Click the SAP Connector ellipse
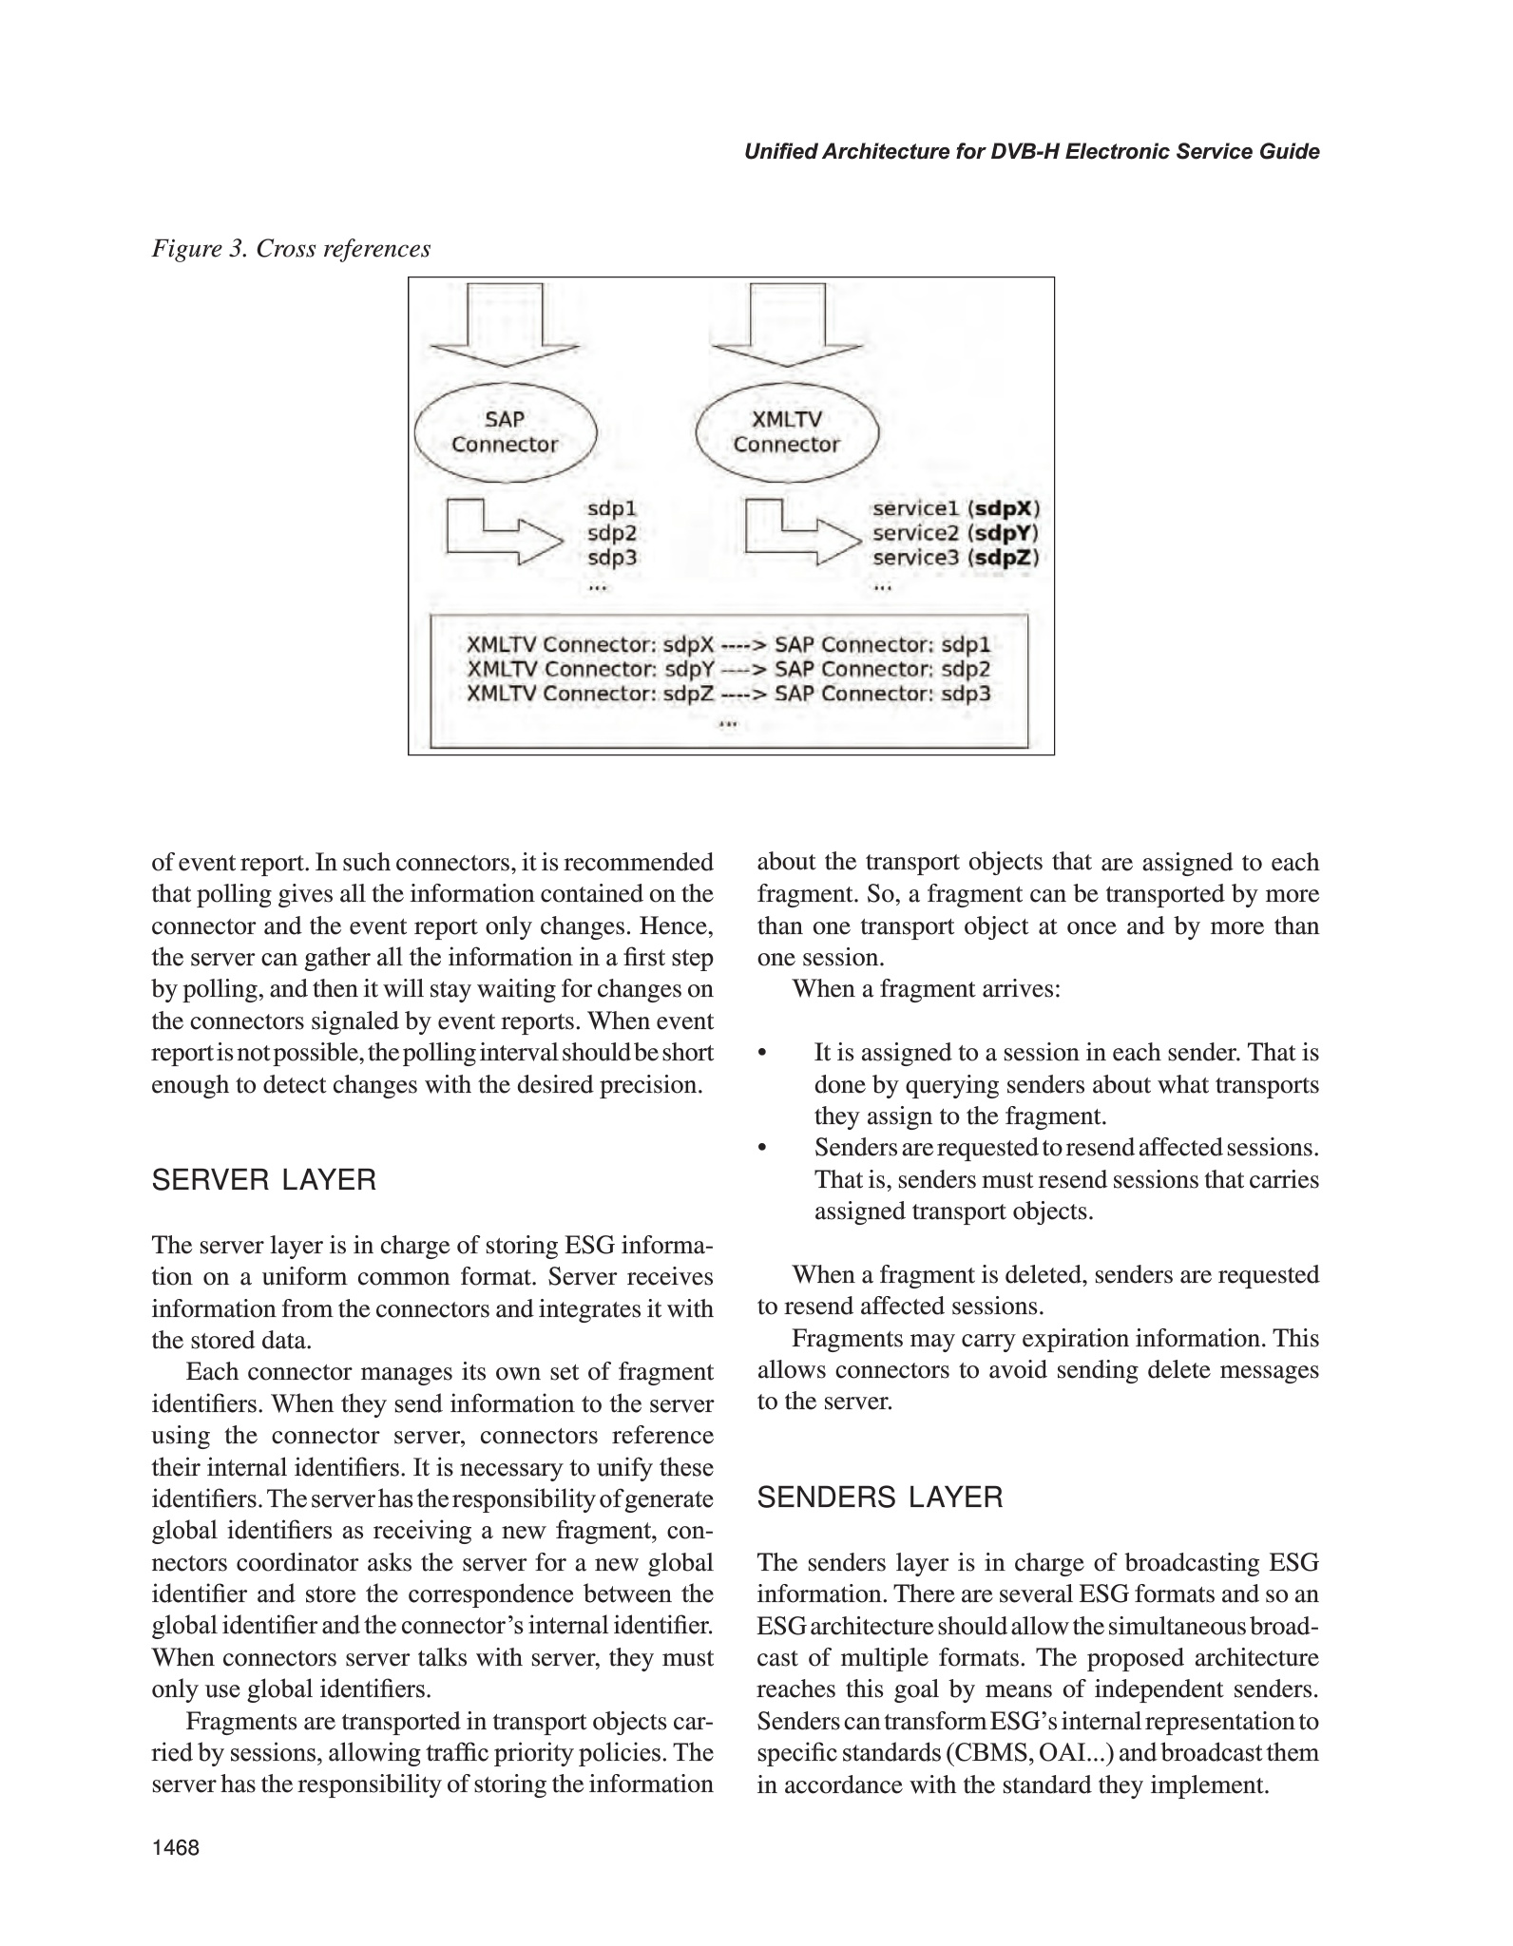pyautogui.click(x=505, y=432)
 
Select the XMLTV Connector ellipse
pyautogui.click(x=786, y=432)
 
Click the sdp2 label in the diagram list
pyautogui.click(x=612, y=533)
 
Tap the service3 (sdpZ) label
pyautogui.click(x=955, y=558)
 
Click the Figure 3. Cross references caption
pyautogui.click(x=291, y=249)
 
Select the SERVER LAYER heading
pyautogui.click(x=264, y=1180)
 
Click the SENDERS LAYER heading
pyautogui.click(x=879, y=1498)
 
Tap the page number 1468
pyautogui.click(x=176, y=1847)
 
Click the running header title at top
pyautogui.click(x=1031, y=152)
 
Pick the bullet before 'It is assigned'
pyautogui.click(x=762, y=1054)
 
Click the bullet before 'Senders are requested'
pyautogui.click(x=762, y=1149)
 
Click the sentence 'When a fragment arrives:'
pyautogui.click(x=926, y=989)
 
